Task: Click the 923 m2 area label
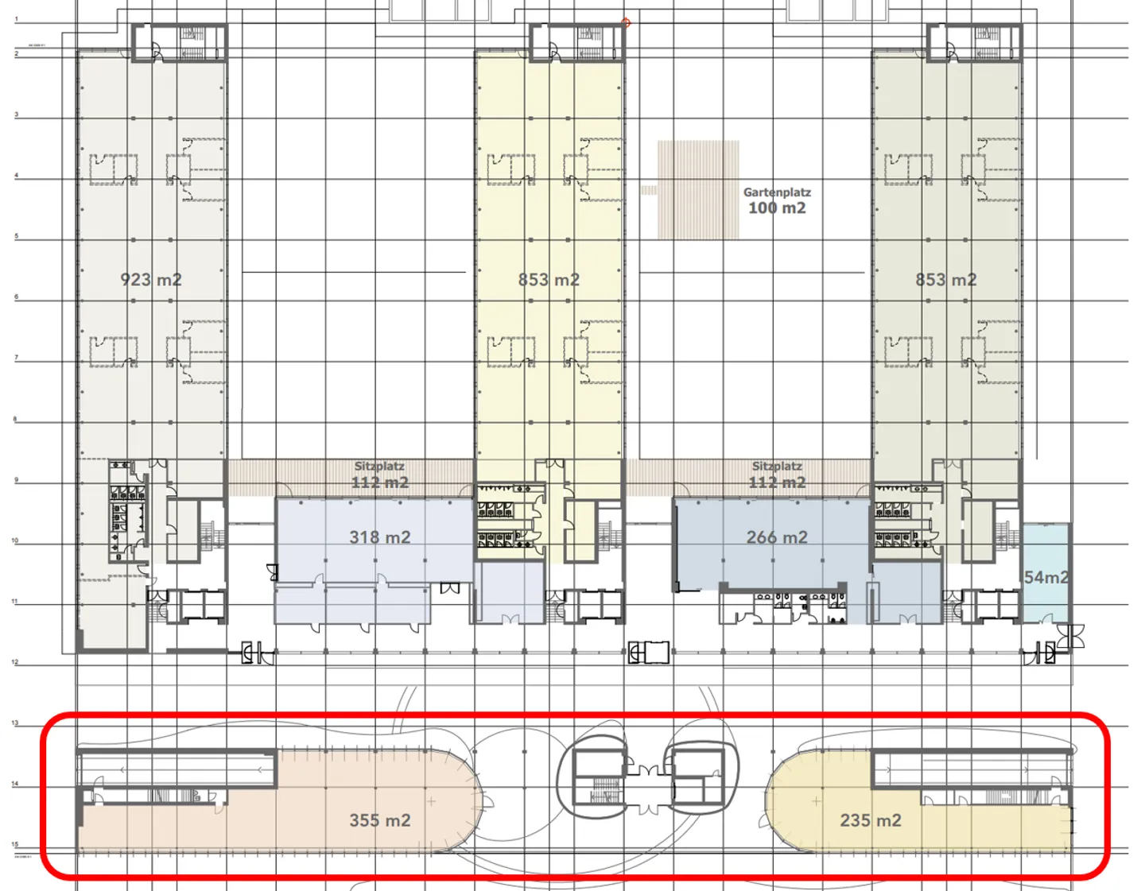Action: pos(151,280)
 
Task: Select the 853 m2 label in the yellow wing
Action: pos(549,280)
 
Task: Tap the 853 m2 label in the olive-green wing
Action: pos(945,280)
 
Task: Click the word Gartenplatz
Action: pos(777,192)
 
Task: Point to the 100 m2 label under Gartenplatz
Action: pos(777,208)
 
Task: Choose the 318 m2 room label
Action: pos(380,537)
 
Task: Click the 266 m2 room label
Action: pos(777,537)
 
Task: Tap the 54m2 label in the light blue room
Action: pos(1046,578)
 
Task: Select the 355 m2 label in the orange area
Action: pos(380,820)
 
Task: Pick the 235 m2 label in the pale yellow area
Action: pos(871,820)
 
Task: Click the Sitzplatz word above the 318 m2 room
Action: pos(379,467)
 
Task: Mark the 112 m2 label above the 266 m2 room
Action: pos(777,482)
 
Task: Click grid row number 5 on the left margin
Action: pos(16,236)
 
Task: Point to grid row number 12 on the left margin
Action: pos(15,662)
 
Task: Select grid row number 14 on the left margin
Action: pos(15,784)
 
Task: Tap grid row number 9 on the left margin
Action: pos(16,480)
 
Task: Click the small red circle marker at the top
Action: pos(626,23)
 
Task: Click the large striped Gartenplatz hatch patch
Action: pos(698,190)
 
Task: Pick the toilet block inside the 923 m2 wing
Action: pos(127,509)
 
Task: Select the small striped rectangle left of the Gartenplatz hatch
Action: pos(649,190)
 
